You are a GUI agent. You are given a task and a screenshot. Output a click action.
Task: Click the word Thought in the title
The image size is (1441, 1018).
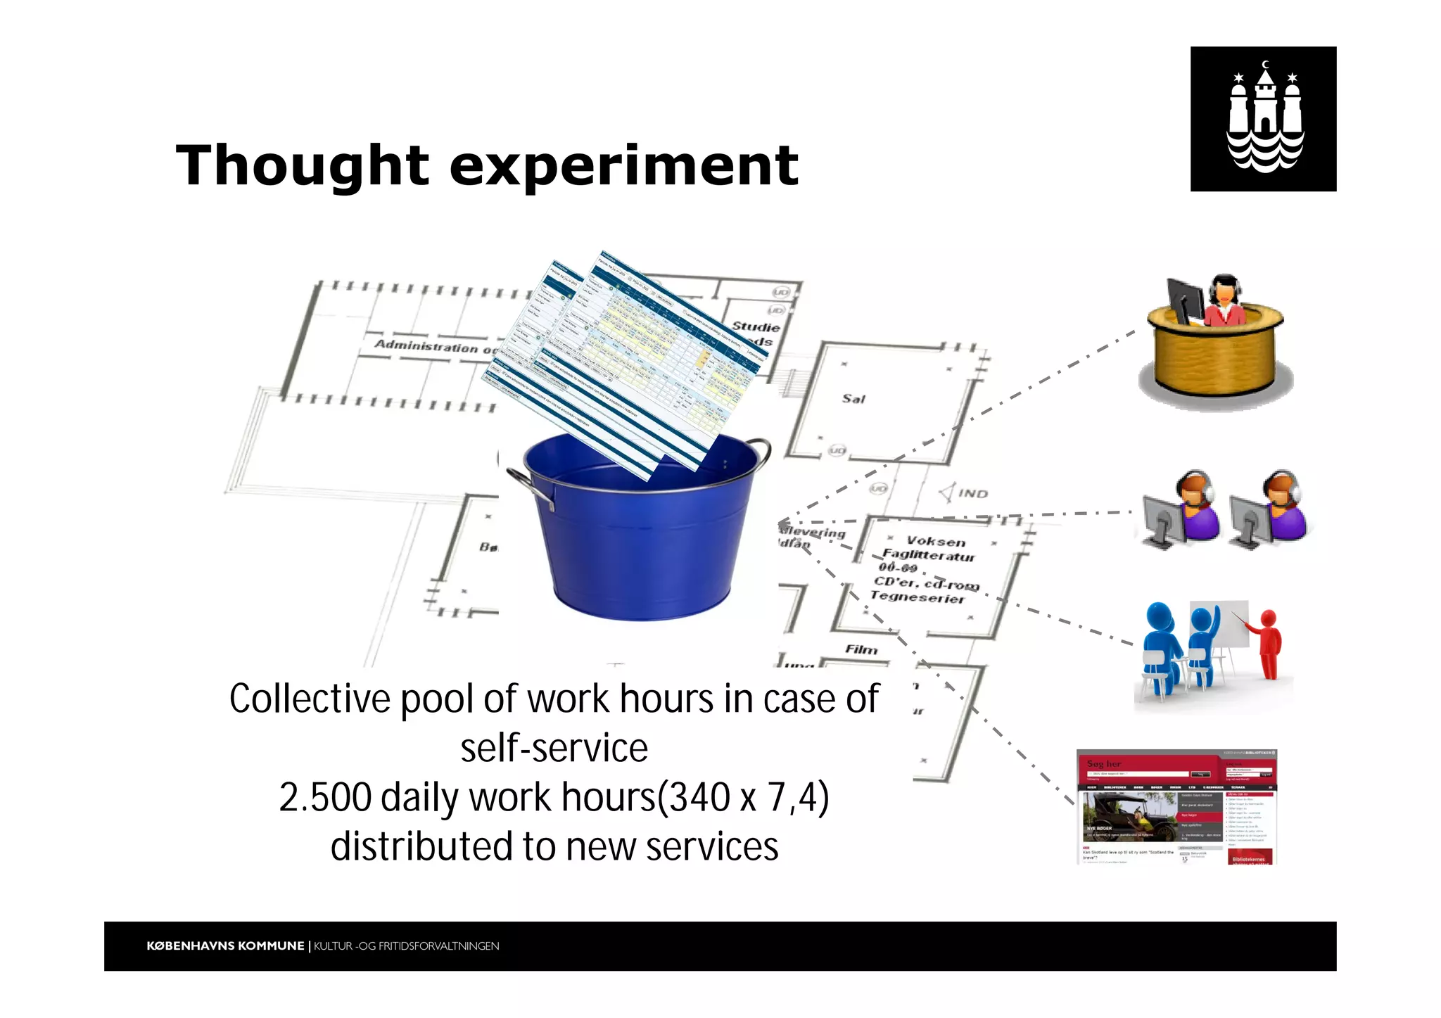coord(302,166)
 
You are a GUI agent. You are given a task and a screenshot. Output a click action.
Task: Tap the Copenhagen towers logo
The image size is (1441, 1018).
coord(1263,119)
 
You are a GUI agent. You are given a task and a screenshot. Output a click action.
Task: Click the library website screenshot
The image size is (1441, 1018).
coord(1176,807)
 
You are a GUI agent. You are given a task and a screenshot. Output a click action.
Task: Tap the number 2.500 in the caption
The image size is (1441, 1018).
coord(325,798)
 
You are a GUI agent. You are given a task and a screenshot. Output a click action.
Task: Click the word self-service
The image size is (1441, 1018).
coord(554,749)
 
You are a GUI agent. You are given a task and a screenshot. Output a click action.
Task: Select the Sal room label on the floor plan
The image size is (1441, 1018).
coord(853,399)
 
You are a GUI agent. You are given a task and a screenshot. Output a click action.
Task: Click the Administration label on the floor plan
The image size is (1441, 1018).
coord(426,345)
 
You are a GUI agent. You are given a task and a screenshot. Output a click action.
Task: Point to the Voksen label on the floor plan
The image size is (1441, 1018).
coord(936,541)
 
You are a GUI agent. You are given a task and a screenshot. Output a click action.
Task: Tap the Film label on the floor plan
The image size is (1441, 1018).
coord(861,649)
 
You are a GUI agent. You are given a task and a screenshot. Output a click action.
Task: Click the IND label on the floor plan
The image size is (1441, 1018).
coord(973,494)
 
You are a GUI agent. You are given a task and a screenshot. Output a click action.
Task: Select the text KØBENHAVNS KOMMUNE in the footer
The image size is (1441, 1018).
coord(225,946)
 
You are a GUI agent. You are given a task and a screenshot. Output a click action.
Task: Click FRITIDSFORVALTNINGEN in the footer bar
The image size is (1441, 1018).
coord(438,946)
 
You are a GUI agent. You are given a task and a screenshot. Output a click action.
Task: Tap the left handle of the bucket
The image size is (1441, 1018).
coord(529,485)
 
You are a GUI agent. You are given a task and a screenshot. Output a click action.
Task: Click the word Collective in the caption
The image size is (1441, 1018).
coord(310,699)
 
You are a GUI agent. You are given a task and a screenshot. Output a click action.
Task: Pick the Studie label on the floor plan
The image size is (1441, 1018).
coord(756,327)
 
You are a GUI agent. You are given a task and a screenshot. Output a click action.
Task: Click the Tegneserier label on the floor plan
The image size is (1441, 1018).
coord(917,597)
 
